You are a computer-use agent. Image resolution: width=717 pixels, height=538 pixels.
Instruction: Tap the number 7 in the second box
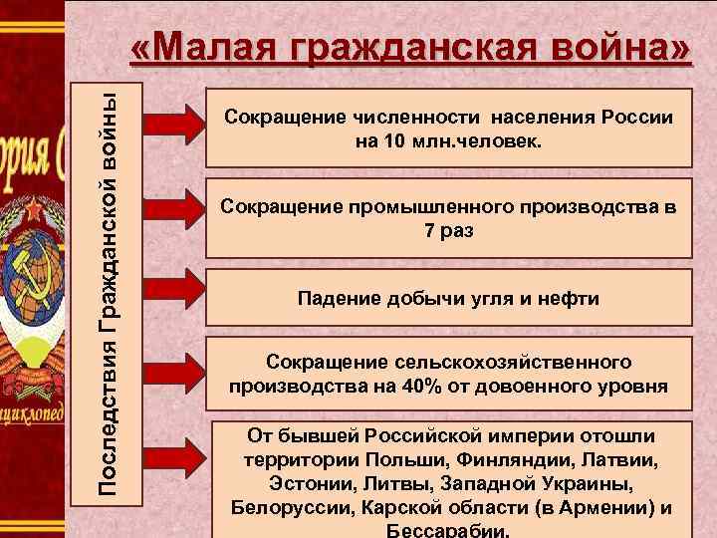[421, 230]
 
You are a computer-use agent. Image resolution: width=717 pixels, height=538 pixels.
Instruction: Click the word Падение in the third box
[336, 297]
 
